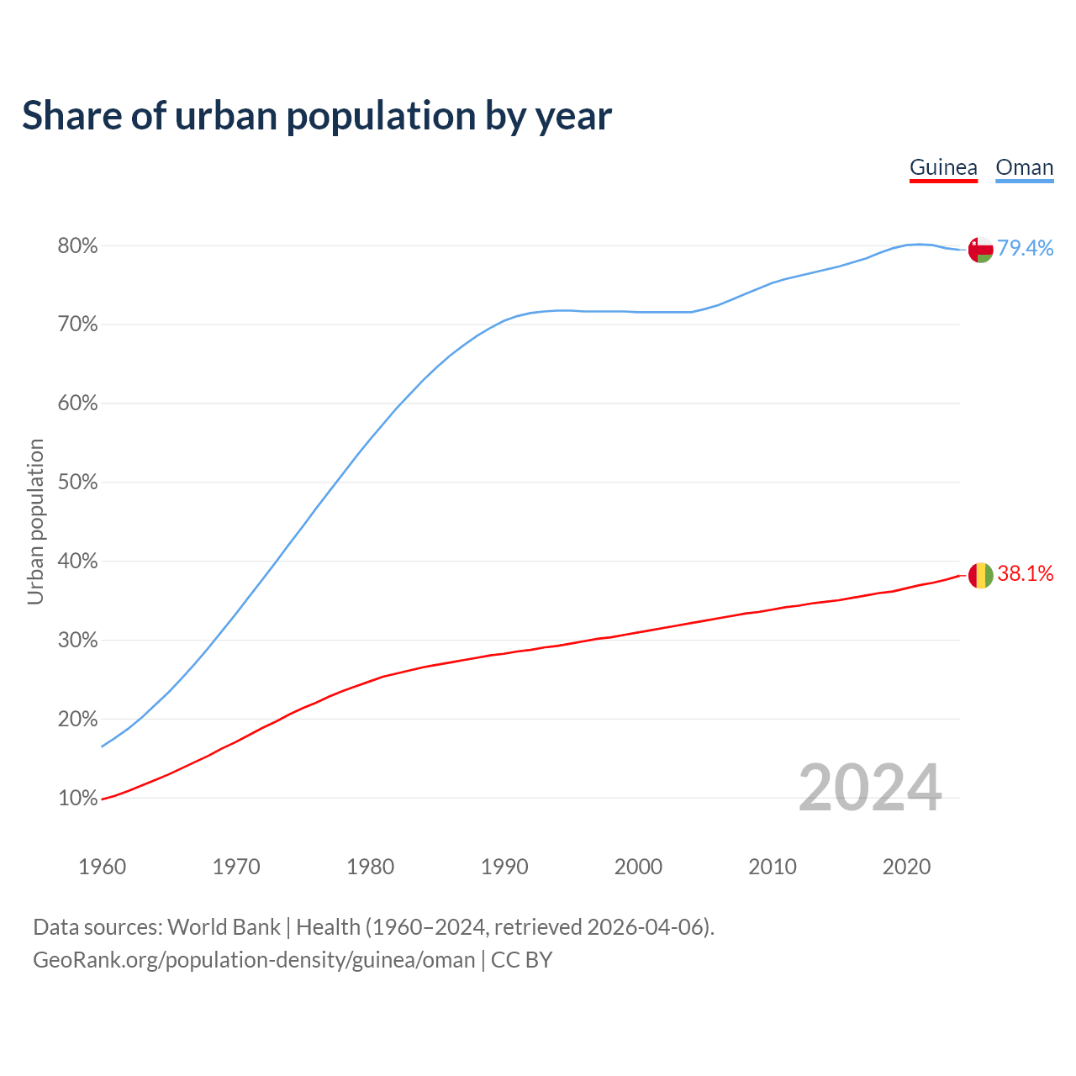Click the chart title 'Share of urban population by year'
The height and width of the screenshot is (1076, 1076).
pyautogui.click(x=317, y=116)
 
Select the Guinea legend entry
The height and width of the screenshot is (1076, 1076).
pyautogui.click(x=943, y=167)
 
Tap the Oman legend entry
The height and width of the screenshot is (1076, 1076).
pyautogui.click(x=1024, y=167)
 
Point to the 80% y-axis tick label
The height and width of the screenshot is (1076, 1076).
pyautogui.click(x=77, y=246)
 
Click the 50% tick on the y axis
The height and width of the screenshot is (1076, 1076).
pyautogui.click(x=77, y=483)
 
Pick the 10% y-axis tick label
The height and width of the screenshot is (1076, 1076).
pyautogui.click(x=77, y=798)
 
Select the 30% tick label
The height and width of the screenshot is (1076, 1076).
pyautogui.click(x=77, y=641)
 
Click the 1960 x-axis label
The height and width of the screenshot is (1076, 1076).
pyautogui.click(x=102, y=867)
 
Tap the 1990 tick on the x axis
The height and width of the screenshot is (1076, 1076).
pyautogui.click(x=504, y=867)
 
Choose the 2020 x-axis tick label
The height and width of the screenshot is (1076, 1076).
pyautogui.click(x=906, y=867)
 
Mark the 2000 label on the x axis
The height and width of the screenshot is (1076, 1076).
pyautogui.click(x=638, y=867)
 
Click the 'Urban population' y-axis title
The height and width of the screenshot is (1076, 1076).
pyautogui.click(x=35, y=521)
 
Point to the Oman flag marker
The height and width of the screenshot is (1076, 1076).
pyautogui.click(x=980, y=250)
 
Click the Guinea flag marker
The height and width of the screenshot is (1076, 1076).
pyautogui.click(x=980, y=576)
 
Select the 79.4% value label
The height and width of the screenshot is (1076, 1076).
pyautogui.click(x=1025, y=248)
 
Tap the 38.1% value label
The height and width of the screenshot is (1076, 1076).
pyautogui.click(x=1025, y=573)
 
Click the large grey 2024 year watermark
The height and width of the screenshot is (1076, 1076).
pyautogui.click(x=870, y=788)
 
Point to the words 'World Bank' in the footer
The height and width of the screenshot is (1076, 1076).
pyautogui.click(x=224, y=927)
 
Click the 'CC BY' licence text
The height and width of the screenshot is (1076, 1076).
pyautogui.click(x=521, y=960)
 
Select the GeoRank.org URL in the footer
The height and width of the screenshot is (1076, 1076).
pyautogui.click(x=254, y=960)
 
